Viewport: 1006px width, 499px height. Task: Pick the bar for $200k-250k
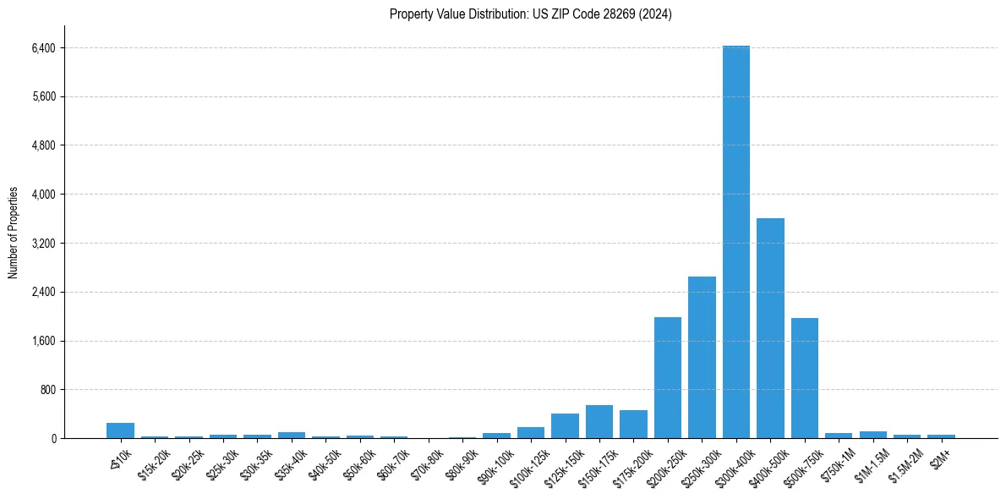(x=668, y=377)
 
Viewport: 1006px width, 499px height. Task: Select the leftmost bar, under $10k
(x=120, y=430)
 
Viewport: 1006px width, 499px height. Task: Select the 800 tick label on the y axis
(x=47, y=390)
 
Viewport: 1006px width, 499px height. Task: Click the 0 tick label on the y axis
(x=53, y=439)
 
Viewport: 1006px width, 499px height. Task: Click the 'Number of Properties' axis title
(x=14, y=233)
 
